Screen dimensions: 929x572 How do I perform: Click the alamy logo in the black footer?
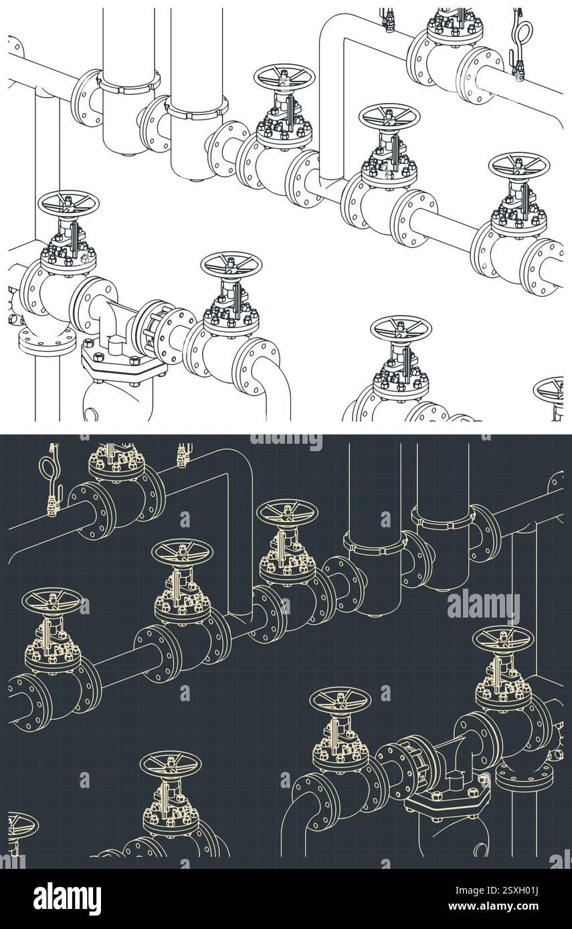[67, 898]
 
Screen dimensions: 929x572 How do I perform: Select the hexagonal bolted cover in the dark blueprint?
[447, 799]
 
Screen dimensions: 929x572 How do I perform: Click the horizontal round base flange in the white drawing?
[47, 340]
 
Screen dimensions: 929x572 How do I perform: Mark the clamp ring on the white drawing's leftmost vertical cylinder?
[128, 84]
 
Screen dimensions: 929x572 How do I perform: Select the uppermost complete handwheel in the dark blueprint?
[287, 512]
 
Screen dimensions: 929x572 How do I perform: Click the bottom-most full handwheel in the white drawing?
[401, 328]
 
